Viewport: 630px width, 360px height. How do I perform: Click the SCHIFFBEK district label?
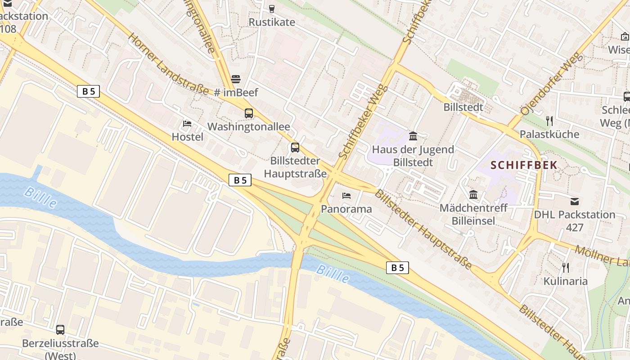click(524, 165)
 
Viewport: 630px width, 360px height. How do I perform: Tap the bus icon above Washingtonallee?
click(249, 113)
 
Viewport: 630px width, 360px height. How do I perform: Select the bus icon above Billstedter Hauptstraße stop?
click(295, 147)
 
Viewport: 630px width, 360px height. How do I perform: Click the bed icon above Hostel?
click(187, 124)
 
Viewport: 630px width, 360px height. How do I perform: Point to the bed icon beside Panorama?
click(346, 196)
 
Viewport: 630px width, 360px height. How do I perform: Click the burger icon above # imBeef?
click(236, 80)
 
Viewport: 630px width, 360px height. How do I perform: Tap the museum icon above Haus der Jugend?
click(413, 136)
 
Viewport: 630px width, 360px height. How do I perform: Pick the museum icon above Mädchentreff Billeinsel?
click(473, 195)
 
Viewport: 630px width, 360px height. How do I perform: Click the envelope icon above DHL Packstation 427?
click(575, 201)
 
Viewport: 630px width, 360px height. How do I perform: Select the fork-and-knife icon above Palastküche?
click(549, 121)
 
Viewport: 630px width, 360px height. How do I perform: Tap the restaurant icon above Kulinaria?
click(566, 268)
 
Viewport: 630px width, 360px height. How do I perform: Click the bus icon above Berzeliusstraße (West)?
click(60, 330)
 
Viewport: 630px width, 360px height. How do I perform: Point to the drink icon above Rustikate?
click(271, 9)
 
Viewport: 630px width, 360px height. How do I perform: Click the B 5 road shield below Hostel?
click(240, 180)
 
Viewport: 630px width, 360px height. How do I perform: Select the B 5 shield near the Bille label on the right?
click(397, 268)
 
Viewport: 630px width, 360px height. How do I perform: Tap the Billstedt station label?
click(463, 107)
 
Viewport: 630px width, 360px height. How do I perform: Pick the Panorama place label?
click(346, 209)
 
